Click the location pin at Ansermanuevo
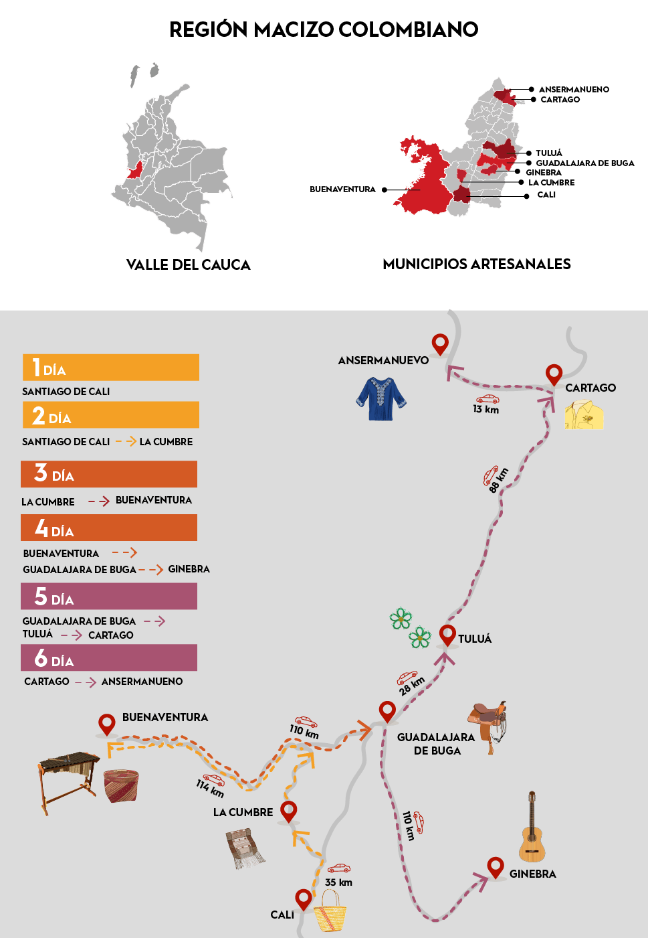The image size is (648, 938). (x=440, y=343)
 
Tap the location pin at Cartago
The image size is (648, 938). (x=554, y=374)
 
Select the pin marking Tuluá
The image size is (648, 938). (x=447, y=634)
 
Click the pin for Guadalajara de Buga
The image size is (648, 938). (x=387, y=711)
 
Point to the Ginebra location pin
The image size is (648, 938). (x=496, y=867)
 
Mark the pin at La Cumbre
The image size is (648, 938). (x=288, y=811)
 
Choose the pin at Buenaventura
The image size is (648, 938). (x=107, y=724)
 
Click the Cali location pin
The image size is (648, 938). (x=304, y=898)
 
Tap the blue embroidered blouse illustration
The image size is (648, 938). (x=381, y=398)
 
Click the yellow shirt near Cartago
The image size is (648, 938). (x=584, y=415)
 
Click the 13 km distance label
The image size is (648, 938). (x=486, y=409)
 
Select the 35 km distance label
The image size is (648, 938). (x=338, y=882)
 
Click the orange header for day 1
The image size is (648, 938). (x=111, y=368)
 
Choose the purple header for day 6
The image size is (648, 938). (x=109, y=657)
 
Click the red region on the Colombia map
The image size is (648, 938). (x=135, y=170)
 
